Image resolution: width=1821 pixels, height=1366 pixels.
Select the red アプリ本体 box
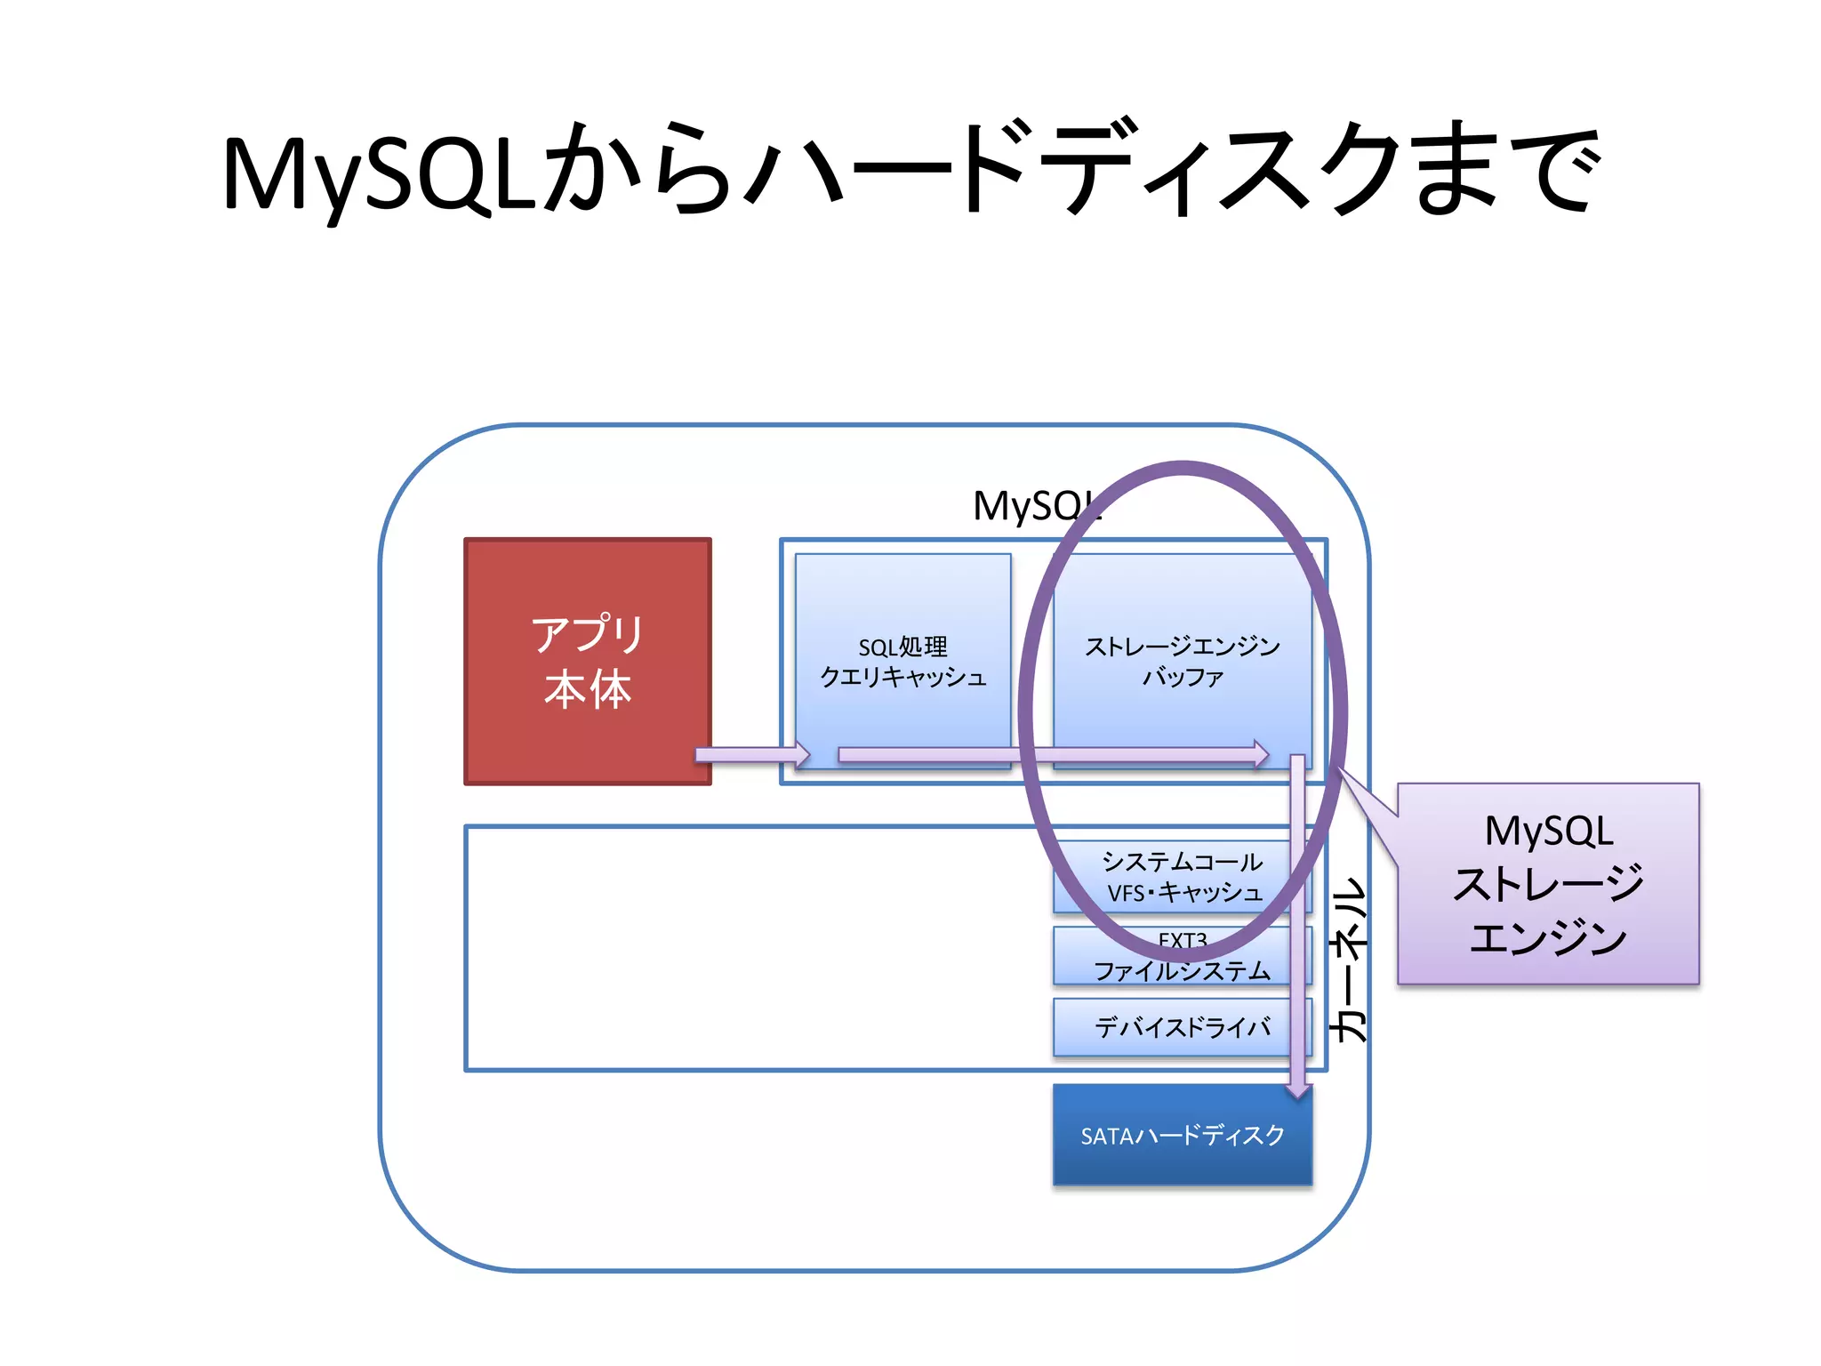tap(588, 662)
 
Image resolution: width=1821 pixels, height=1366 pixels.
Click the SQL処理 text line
tap(902, 647)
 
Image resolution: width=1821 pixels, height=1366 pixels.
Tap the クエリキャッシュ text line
tap(902, 677)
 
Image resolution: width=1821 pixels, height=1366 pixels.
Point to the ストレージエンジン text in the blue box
tap(1182, 647)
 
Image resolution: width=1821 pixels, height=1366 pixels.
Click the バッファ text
tap(1182, 677)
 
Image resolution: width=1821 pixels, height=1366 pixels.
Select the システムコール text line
tap(1182, 861)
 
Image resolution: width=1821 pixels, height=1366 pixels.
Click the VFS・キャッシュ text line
tap(1183, 892)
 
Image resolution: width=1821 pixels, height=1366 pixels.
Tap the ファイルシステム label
tap(1182, 970)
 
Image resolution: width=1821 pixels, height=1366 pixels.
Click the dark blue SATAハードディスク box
tap(1182, 1136)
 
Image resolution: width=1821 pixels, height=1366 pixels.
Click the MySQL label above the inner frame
tap(1031, 506)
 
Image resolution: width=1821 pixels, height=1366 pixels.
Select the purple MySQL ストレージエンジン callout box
tap(1548, 883)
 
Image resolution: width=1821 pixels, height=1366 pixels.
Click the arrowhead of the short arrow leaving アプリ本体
tap(802, 755)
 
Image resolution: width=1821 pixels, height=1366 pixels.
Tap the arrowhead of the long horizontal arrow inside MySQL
tap(1261, 755)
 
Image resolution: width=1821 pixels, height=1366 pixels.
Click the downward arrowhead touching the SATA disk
tap(1298, 1089)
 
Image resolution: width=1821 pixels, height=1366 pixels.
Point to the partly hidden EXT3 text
tap(1182, 939)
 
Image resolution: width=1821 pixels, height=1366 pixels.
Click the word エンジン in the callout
tap(1548, 937)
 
